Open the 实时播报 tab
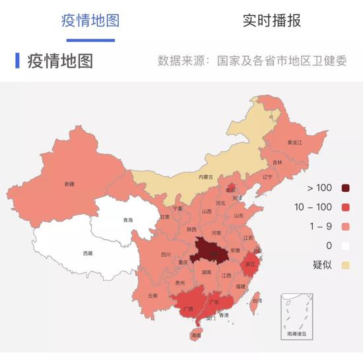point(271,20)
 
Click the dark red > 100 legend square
point(345,189)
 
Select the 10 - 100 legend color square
point(345,208)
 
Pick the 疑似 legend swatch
point(345,265)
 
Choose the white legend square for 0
point(345,246)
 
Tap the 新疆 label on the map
point(68,184)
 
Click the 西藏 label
point(88,253)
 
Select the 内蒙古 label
point(207,177)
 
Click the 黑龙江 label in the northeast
point(294,142)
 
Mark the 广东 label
point(213,301)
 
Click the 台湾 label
point(257,300)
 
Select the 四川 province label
point(166,254)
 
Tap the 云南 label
point(153,295)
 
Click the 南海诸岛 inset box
point(298,316)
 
